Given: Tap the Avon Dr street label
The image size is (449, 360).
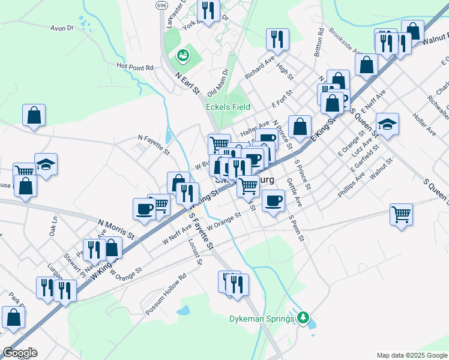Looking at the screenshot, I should click(x=62, y=28).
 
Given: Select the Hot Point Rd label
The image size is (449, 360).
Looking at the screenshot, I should click(x=135, y=67).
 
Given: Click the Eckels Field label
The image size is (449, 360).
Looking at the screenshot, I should click(x=228, y=107).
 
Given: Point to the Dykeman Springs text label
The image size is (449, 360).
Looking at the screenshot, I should click(x=263, y=319).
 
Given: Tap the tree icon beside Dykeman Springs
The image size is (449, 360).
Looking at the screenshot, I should click(x=304, y=317).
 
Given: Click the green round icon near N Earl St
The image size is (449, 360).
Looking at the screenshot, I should click(x=182, y=56).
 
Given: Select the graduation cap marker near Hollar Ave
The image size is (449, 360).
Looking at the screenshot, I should click(x=387, y=124).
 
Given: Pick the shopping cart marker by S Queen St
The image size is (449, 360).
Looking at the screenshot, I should click(x=401, y=214).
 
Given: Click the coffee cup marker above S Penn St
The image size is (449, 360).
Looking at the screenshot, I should click(x=274, y=200).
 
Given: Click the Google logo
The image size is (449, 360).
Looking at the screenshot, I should click(x=19, y=353).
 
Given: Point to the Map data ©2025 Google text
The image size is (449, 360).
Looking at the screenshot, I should click(x=411, y=355).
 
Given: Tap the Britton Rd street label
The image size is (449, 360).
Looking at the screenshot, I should click(x=319, y=43).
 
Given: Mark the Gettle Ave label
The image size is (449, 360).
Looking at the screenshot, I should click(x=294, y=189).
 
